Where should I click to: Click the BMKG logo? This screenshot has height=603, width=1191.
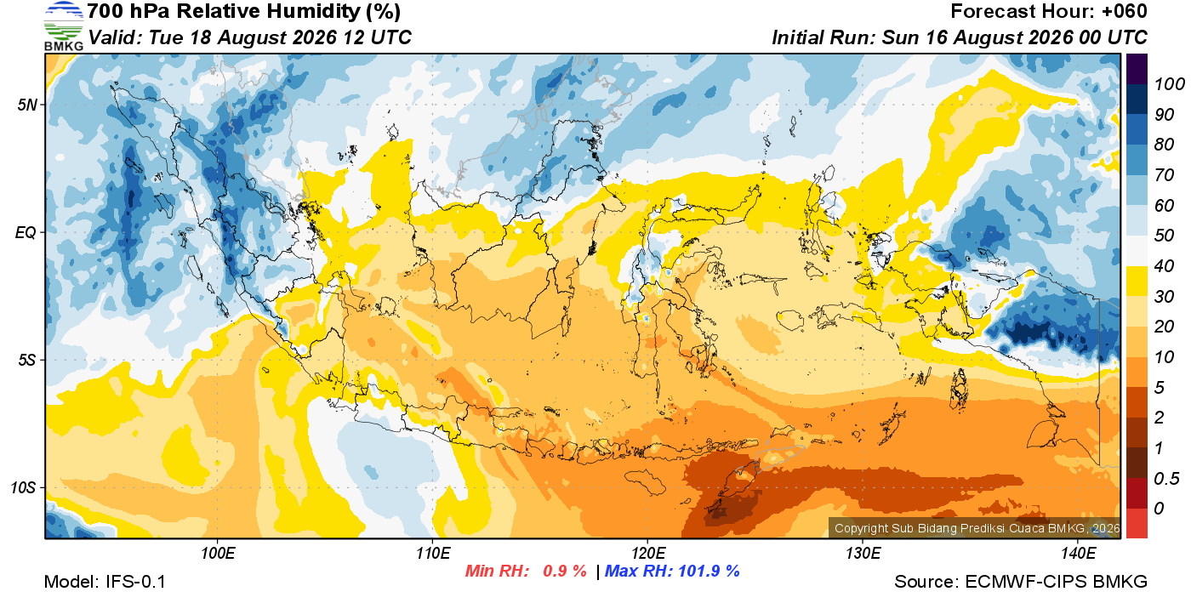click(63, 26)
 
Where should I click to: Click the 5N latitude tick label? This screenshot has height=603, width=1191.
click(27, 105)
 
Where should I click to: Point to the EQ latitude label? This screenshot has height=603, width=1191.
click(26, 232)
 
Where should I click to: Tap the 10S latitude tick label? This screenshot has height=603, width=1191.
click(24, 487)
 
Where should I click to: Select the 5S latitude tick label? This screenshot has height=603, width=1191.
click(27, 360)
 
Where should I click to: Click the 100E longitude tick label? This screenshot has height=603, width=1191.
click(218, 553)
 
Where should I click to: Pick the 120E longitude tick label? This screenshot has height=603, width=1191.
click(647, 553)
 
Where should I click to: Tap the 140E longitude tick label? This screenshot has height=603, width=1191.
click(1078, 553)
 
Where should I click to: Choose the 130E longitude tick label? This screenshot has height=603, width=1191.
click(863, 553)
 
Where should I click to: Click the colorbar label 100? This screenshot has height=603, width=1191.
click(1169, 84)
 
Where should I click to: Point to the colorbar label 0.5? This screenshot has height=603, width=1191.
click(1166, 479)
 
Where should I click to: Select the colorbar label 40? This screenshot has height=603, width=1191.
click(1164, 266)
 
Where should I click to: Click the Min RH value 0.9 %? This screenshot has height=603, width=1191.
click(565, 571)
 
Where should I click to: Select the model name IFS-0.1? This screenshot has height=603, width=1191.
click(135, 582)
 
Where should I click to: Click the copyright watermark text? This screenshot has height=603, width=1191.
click(977, 528)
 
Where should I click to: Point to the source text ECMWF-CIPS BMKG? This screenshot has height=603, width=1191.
click(1056, 582)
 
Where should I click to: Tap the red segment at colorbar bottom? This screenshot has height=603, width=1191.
click(1137, 523)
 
